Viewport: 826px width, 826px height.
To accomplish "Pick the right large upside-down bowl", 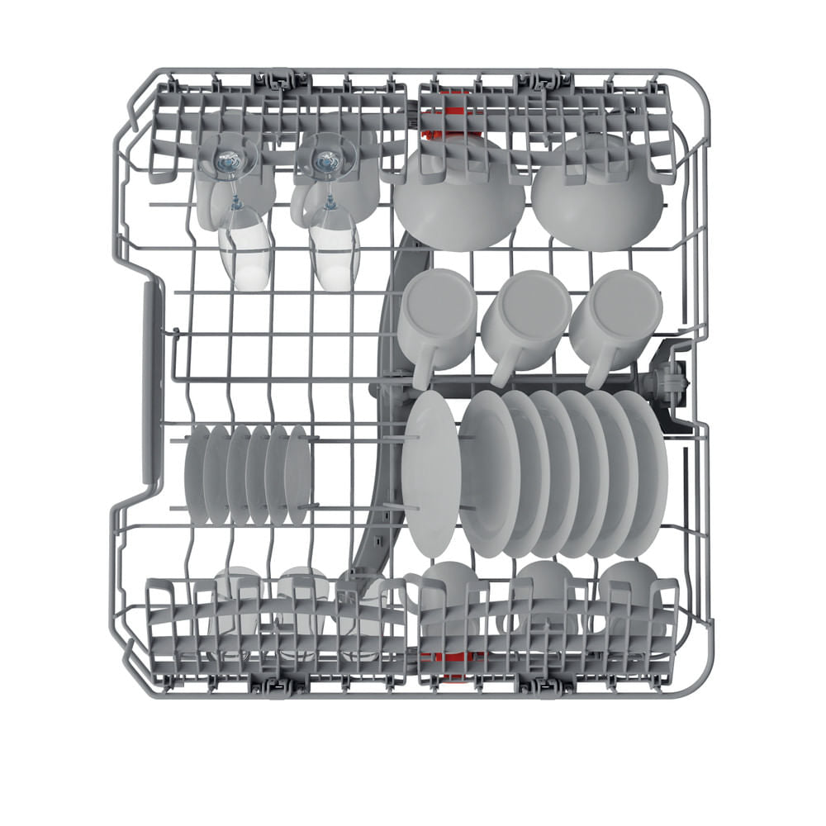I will [597, 195].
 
